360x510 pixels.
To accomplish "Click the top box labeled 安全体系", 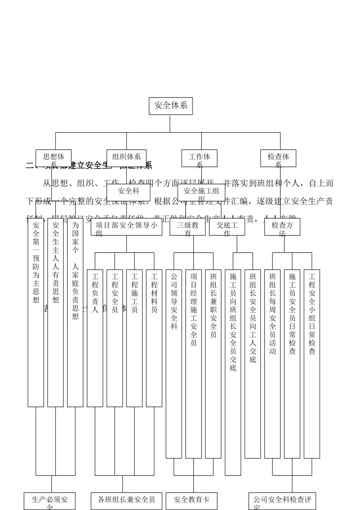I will pyautogui.click(x=171, y=106).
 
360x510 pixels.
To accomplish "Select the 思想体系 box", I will pyautogui.click(x=53, y=158).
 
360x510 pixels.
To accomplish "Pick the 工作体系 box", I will pyautogui.click(x=199, y=158).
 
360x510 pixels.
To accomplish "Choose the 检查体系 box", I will pyautogui.click(x=278, y=158).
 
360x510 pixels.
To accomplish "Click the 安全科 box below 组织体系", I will pyautogui.click(x=128, y=192).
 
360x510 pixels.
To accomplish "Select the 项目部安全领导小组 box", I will pyautogui.click(x=127, y=227).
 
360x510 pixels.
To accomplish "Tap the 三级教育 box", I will pyautogui.click(x=188, y=227).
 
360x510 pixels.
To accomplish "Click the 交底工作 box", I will pyautogui.click(x=227, y=227).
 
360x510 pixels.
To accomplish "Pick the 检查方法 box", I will pyautogui.click(x=282, y=227).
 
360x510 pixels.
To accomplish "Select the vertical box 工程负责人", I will pyautogui.click(x=95, y=338).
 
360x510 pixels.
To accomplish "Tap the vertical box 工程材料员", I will pyautogui.click(x=154, y=338).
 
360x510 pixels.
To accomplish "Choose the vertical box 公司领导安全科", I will pyautogui.click(x=174, y=364).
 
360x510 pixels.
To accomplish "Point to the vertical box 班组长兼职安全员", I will pyautogui.click(x=213, y=364).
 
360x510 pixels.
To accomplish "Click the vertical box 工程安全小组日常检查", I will pyautogui.click(x=312, y=364).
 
